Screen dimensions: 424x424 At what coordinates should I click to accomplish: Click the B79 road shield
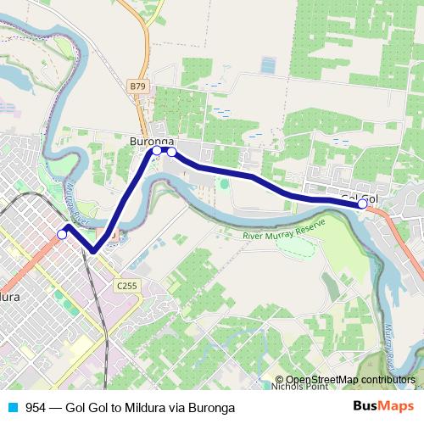[x=138, y=86]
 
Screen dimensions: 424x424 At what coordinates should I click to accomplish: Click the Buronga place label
[x=152, y=140]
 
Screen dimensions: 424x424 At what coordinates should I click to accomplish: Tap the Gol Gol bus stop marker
[x=363, y=204]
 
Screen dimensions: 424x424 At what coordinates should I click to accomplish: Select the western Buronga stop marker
[x=157, y=150]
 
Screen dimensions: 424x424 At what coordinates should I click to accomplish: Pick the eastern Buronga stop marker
[x=172, y=152]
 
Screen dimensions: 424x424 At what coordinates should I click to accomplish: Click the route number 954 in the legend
[x=36, y=408]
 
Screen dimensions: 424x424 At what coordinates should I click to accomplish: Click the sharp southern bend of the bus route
[x=93, y=250]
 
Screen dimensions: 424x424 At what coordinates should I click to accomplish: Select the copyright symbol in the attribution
[x=280, y=380]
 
